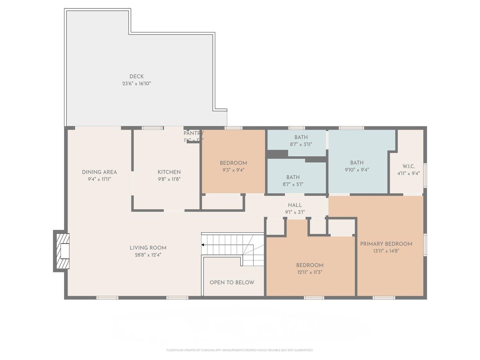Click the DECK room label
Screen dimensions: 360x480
pos(136,76)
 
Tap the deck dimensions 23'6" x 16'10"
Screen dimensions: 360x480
pos(136,84)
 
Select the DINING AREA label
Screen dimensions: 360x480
pos(99,172)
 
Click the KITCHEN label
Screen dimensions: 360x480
pos(169,172)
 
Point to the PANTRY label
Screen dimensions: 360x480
pos(194,133)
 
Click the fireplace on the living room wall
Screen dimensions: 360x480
pos(62,251)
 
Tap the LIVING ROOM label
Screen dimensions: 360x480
pos(148,248)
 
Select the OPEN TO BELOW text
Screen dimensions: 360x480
pos(232,282)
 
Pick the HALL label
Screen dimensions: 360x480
pos(295,205)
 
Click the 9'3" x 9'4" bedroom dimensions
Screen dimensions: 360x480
pos(233,170)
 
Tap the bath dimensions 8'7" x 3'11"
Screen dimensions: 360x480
pos(301,144)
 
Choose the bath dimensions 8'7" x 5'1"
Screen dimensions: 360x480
pos(293,184)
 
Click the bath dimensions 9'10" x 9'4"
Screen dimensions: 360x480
pos(357,170)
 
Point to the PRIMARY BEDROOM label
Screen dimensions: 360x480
pos(386,244)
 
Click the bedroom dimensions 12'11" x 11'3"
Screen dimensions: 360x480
pos(310,272)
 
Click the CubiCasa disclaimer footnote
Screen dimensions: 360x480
pos(240,350)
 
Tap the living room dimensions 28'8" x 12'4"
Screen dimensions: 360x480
pos(148,255)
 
